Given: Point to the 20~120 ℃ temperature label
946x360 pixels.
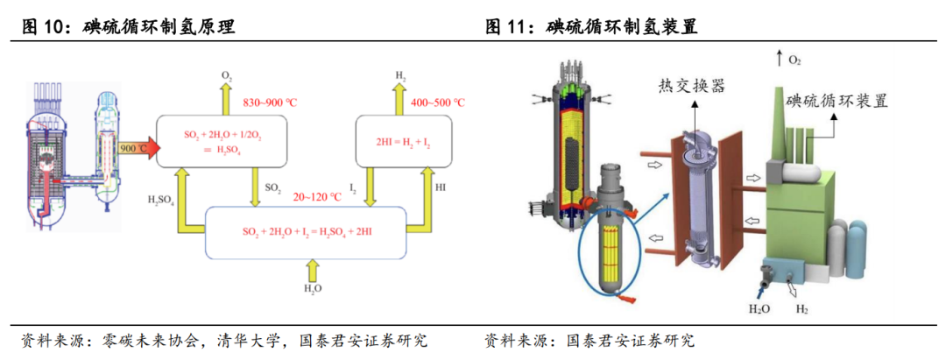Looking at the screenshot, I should click(317, 197).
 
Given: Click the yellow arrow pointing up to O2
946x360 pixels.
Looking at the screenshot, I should click(225, 99).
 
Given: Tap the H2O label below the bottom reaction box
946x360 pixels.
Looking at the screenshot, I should click(313, 288).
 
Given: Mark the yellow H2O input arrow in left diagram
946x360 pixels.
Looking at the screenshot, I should click(313, 268).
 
